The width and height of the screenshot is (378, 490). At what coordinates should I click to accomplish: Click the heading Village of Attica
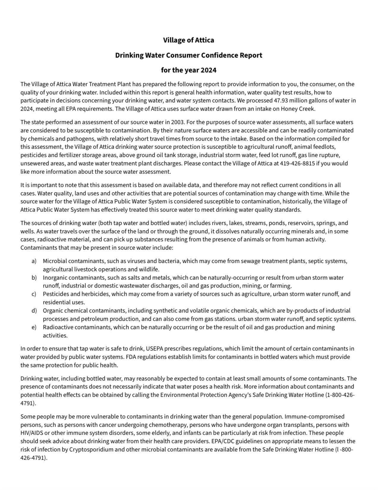click(189, 40)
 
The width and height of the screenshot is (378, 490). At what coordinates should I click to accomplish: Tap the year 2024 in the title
click(208, 70)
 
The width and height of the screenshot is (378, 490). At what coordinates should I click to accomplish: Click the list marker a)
click(34, 261)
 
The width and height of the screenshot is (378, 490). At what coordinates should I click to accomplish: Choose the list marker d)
click(34, 311)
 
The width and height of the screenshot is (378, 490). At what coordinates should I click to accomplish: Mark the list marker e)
click(34, 327)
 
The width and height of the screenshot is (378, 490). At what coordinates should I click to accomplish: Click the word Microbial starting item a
click(55, 261)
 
